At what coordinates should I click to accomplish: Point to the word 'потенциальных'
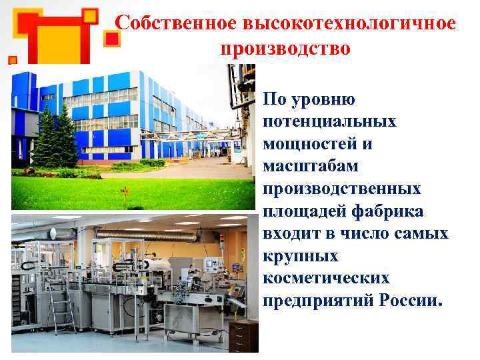330,122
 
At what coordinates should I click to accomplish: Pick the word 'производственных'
342,189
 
